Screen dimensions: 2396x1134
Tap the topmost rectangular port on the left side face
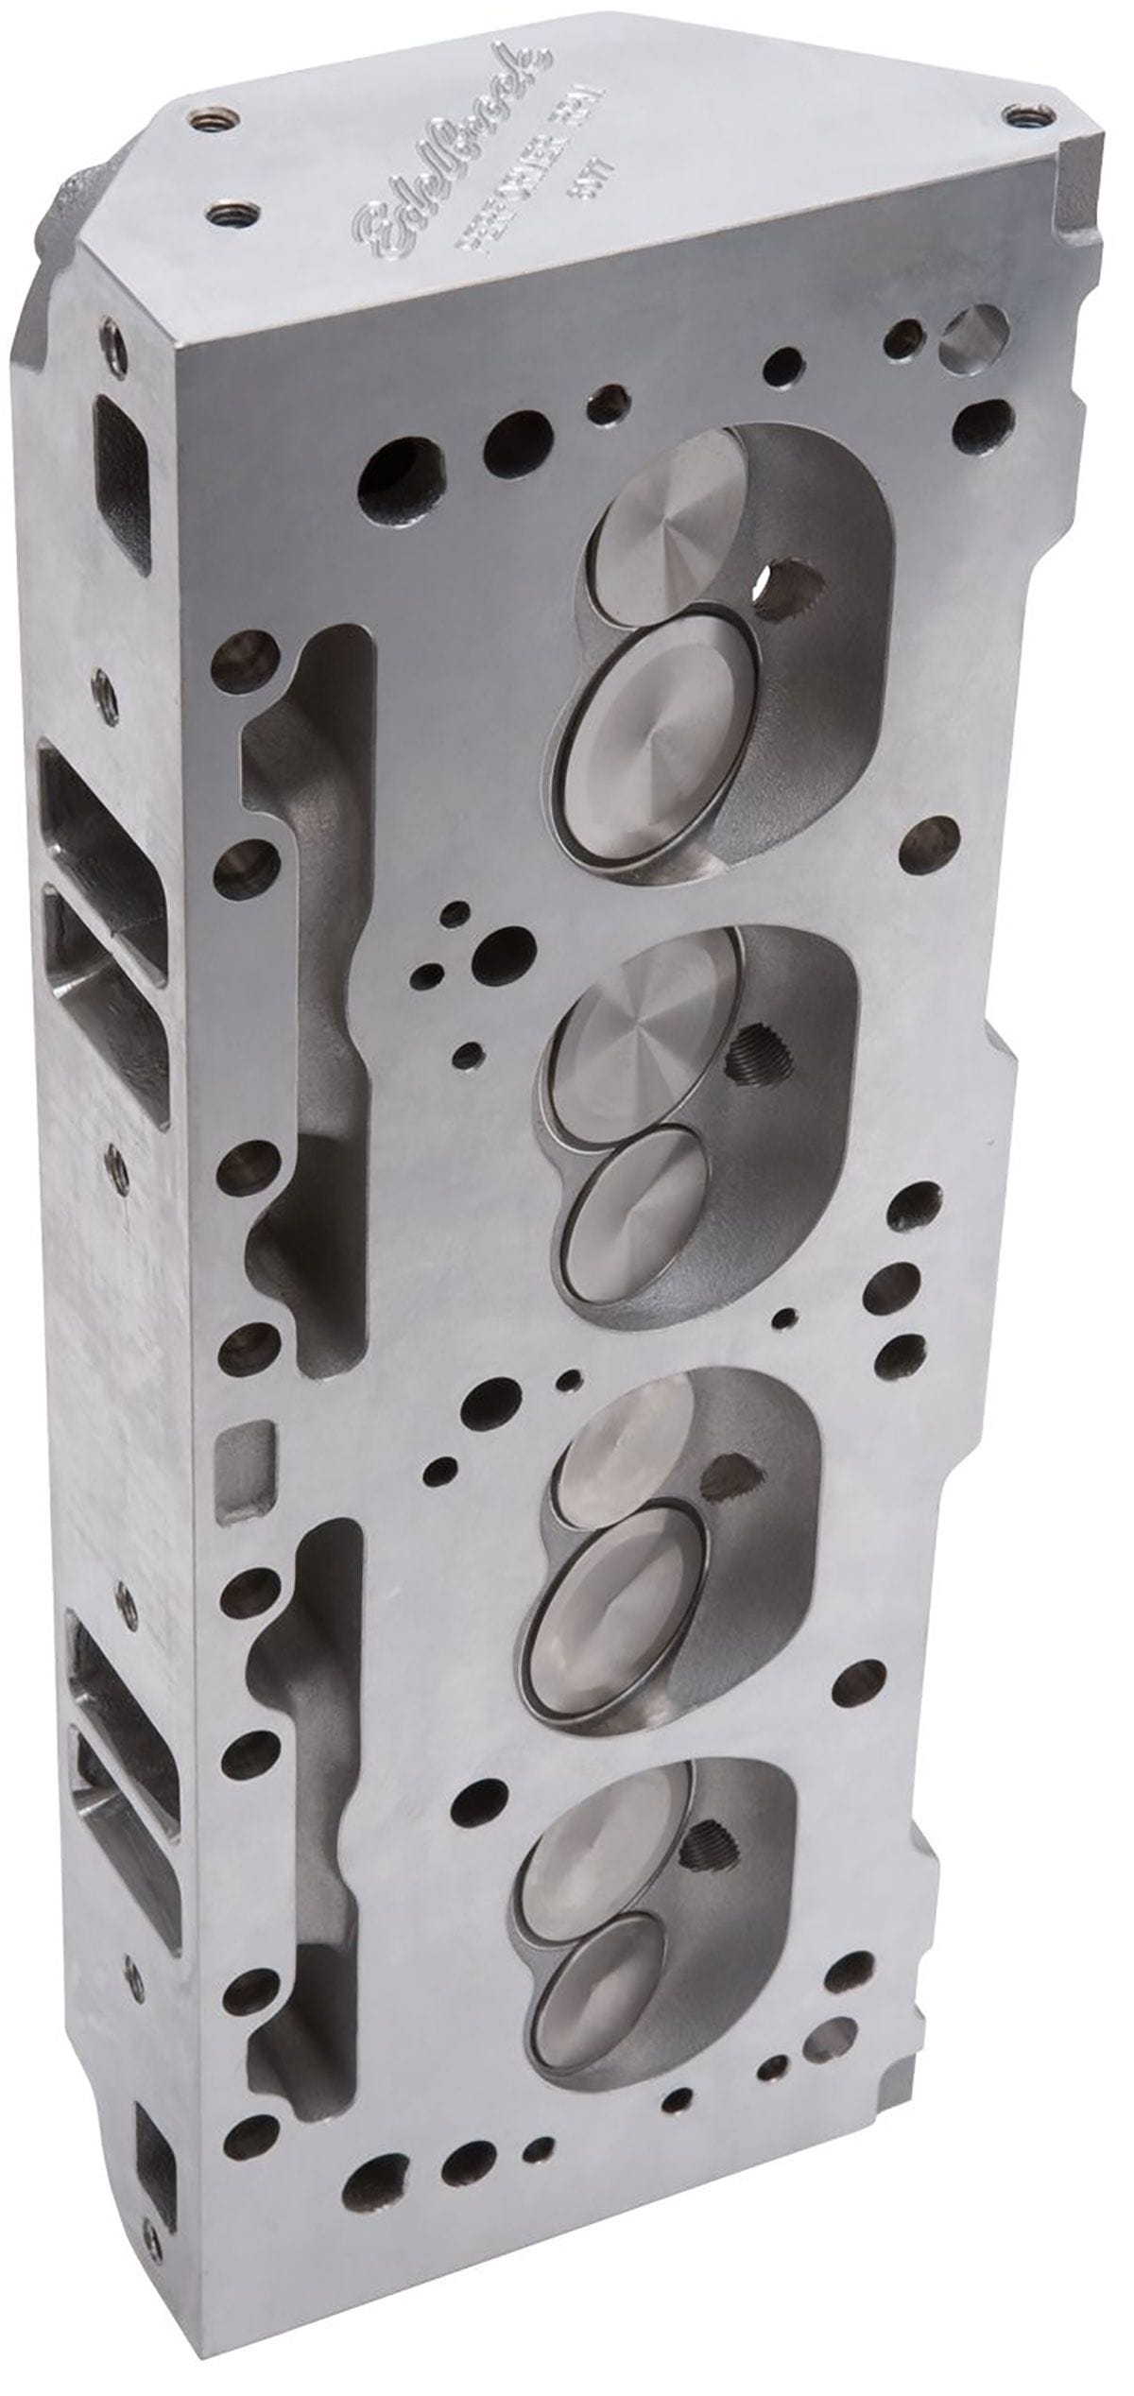pos(123,463)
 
